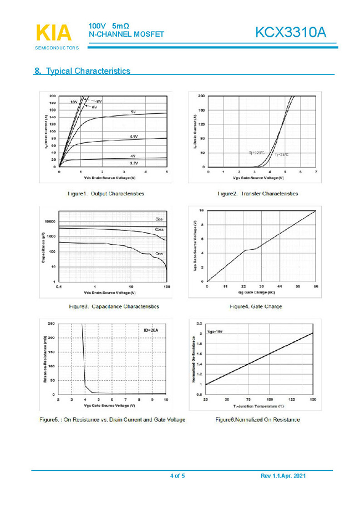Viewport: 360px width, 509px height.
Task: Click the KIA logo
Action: pyautogui.click(x=54, y=33)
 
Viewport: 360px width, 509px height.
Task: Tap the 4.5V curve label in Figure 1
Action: pyautogui.click(x=134, y=136)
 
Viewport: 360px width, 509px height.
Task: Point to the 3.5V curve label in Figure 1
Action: pyautogui.click(x=134, y=164)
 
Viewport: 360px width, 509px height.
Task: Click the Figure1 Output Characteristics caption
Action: pyautogui.click(x=105, y=194)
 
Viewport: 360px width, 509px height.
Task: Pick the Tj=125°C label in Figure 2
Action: pyautogui.click(x=256, y=152)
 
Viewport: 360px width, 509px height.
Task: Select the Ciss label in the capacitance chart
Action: pyautogui.click(x=160, y=219)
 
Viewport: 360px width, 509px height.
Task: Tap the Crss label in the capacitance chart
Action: pyautogui.click(x=160, y=254)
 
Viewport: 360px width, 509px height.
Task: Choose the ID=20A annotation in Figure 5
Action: pyautogui.click(x=151, y=330)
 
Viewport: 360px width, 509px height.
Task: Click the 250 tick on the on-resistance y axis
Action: pyautogui.click(x=52, y=323)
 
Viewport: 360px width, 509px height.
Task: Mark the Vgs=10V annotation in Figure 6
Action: pyautogui.click(x=215, y=331)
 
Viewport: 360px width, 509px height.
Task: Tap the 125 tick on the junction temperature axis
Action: pyautogui.click(x=292, y=399)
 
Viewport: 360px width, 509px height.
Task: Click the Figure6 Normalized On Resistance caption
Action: pyautogui.click(x=257, y=420)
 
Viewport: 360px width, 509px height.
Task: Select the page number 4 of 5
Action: pyautogui.click(x=178, y=476)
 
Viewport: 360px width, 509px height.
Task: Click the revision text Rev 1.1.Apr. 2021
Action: pyautogui.click(x=283, y=476)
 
